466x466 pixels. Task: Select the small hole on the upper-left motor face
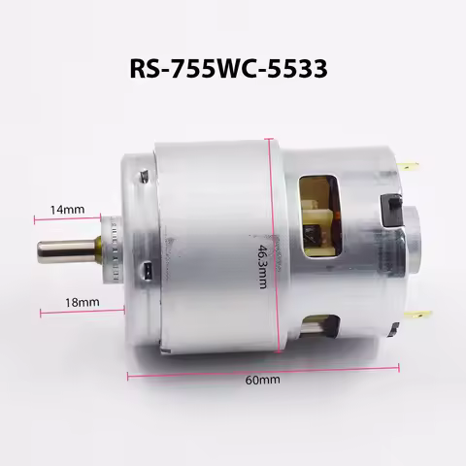coord(143,176)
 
